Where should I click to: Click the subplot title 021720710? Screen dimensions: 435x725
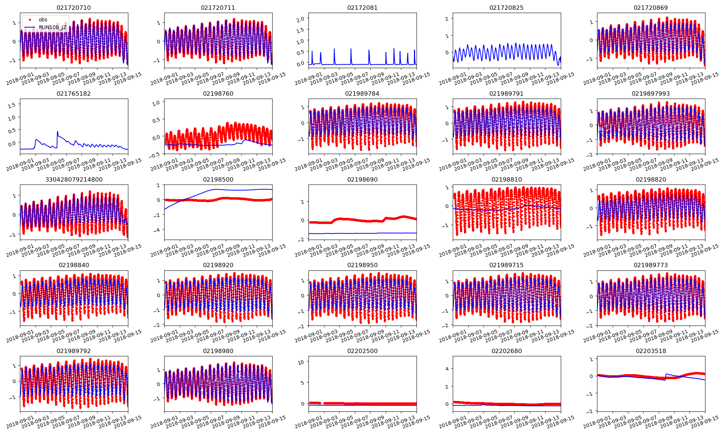pyautogui.click(x=74, y=8)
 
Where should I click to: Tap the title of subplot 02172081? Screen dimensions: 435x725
pyautogui.click(x=362, y=8)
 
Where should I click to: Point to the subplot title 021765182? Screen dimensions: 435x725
pyautogui.click(x=74, y=94)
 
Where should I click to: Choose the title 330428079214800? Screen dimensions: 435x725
pyautogui.click(x=74, y=179)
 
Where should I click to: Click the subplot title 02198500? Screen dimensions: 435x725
pyautogui.click(x=218, y=179)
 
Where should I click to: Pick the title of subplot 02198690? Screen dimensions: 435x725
pyautogui.click(x=362, y=179)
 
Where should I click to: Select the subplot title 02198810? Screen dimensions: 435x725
pyautogui.click(x=506, y=179)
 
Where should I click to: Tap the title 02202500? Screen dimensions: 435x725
pyautogui.click(x=362, y=351)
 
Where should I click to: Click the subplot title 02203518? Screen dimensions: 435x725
pyautogui.click(x=651, y=351)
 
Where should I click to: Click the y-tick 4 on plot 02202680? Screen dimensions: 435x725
pyautogui.click(x=447, y=369)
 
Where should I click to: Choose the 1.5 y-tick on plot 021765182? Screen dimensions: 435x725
pyautogui.click(x=12, y=105)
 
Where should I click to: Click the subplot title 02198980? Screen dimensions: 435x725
pyautogui.click(x=218, y=351)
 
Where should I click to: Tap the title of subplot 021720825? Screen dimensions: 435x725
pyautogui.click(x=506, y=8)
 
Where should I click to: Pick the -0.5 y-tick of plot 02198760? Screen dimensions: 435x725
pyautogui.click(x=155, y=155)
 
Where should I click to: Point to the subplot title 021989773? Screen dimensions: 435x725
pyautogui.click(x=651, y=265)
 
